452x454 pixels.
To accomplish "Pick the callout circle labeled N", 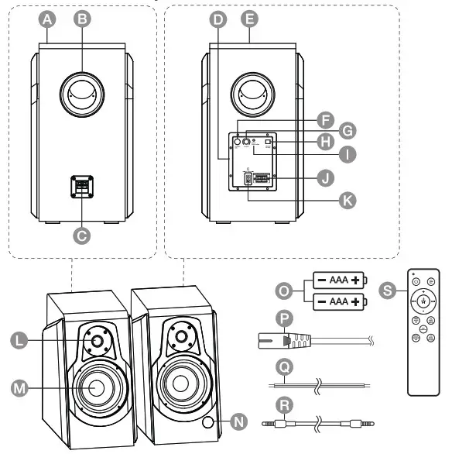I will tap(239, 421).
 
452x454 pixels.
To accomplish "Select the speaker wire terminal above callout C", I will tap(82, 185).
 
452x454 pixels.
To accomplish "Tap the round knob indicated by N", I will tap(209, 422).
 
